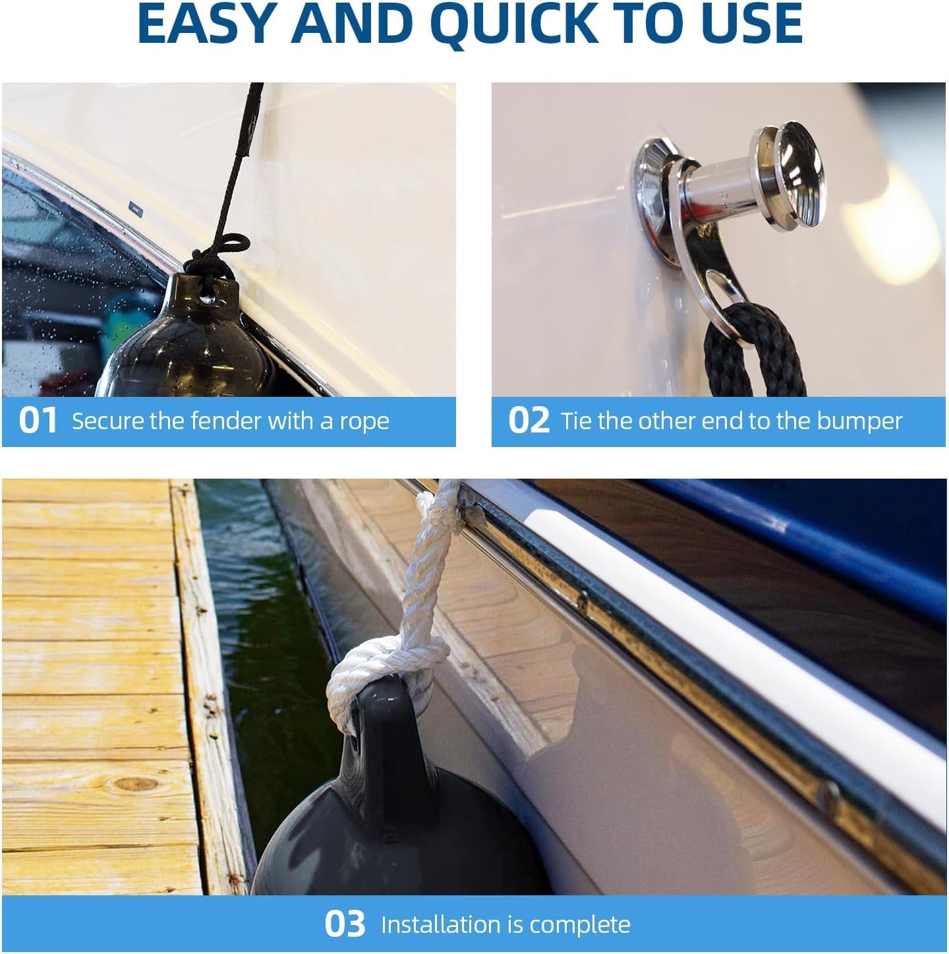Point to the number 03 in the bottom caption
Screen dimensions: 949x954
[345, 924]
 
